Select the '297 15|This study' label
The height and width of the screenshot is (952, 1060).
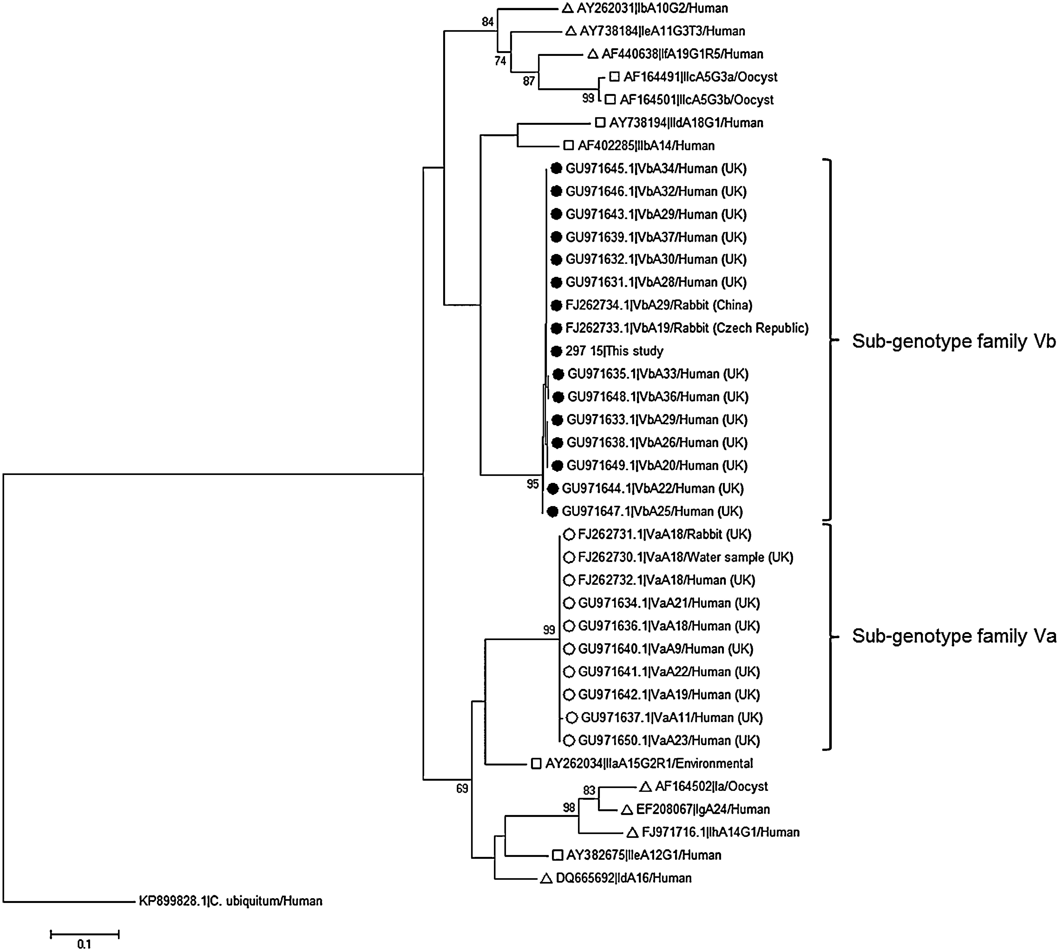point(614,351)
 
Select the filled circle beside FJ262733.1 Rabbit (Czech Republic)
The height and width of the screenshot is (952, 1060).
point(556,328)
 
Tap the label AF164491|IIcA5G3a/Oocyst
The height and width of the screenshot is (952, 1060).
point(700,77)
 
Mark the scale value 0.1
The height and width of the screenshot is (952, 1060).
point(84,944)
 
